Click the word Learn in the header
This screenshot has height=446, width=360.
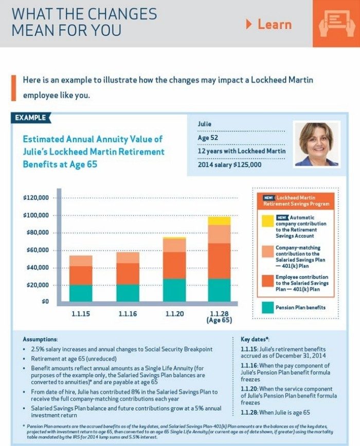274,24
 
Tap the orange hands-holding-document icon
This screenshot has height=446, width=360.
336,23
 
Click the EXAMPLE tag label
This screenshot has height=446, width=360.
30,118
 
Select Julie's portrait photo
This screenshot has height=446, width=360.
316,143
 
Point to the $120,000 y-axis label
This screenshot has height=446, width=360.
36,198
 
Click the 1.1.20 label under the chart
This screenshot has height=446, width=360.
174,313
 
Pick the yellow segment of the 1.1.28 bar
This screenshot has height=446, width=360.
219,220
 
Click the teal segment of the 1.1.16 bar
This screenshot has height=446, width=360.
128,292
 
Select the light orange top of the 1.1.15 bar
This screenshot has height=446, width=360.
81,261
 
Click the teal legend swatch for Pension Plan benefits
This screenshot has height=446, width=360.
267,308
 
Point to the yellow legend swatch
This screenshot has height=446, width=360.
267,221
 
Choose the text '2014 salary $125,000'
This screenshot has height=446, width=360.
229,165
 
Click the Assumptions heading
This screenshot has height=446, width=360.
41,340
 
